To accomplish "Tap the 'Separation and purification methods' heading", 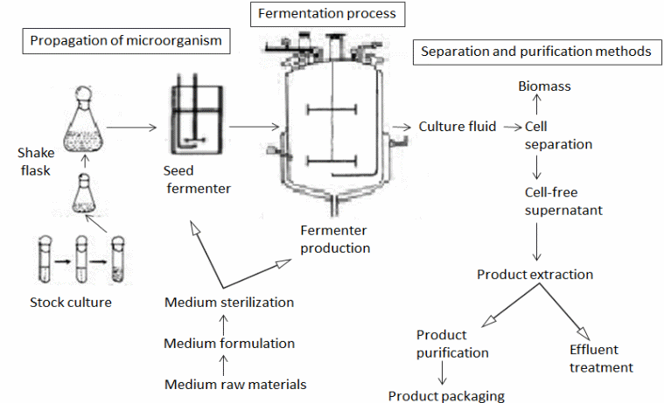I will [x=535, y=52].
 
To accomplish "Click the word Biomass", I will [x=544, y=87].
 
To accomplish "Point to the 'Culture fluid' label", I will [x=457, y=127].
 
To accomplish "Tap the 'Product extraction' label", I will [x=535, y=274].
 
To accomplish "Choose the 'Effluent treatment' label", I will [x=601, y=358].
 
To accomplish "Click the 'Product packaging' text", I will [x=446, y=396].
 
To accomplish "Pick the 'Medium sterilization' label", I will [x=228, y=302].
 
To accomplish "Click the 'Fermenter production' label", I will [x=333, y=239].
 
